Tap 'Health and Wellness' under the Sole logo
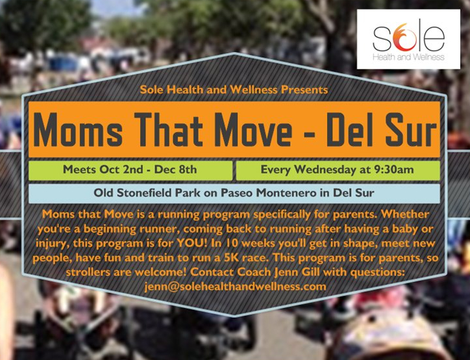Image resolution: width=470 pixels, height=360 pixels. click(408, 57)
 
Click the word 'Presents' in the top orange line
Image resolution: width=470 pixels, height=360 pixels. click(304, 90)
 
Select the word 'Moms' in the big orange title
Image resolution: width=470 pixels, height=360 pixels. click(78, 129)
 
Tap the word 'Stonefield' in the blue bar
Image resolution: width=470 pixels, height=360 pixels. click(145, 192)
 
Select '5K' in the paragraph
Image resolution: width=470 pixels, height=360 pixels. click(231, 258)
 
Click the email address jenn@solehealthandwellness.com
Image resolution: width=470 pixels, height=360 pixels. click(235, 287)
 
